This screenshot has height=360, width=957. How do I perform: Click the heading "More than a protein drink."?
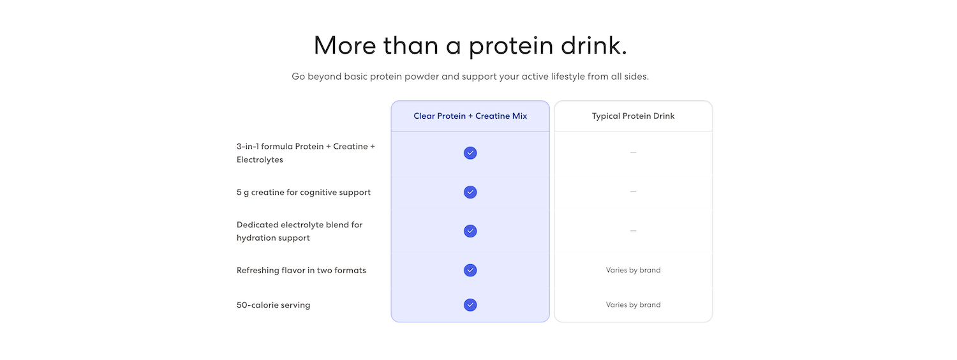click(x=470, y=45)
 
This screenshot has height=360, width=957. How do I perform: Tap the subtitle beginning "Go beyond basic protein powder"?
click(x=470, y=77)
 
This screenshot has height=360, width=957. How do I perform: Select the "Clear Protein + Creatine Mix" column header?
click(x=470, y=116)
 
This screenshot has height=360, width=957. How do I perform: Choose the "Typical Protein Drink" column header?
click(x=633, y=116)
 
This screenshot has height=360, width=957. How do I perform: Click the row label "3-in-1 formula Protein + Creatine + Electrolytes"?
click(x=306, y=153)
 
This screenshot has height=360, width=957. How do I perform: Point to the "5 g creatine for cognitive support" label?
click(x=303, y=192)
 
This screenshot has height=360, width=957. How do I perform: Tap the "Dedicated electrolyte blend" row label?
click(x=299, y=231)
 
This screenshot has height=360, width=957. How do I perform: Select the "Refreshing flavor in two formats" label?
click(x=301, y=270)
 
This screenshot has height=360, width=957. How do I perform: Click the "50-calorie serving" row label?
click(x=274, y=305)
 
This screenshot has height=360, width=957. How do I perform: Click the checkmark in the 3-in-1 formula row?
click(x=470, y=153)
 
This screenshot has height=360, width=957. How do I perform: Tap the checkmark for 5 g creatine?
click(x=470, y=192)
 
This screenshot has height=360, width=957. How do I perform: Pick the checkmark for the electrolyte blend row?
click(x=470, y=231)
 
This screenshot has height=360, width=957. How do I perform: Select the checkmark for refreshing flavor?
click(x=470, y=270)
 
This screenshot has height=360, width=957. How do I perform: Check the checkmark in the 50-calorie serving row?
click(x=470, y=305)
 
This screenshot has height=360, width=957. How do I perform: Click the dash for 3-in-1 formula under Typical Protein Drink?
click(x=633, y=153)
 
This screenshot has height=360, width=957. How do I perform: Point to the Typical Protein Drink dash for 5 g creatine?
click(x=633, y=191)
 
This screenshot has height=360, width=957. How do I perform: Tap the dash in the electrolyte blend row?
click(x=633, y=231)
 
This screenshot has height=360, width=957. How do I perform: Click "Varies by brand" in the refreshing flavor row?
click(x=633, y=270)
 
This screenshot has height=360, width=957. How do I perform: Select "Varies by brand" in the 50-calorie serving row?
click(x=633, y=305)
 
